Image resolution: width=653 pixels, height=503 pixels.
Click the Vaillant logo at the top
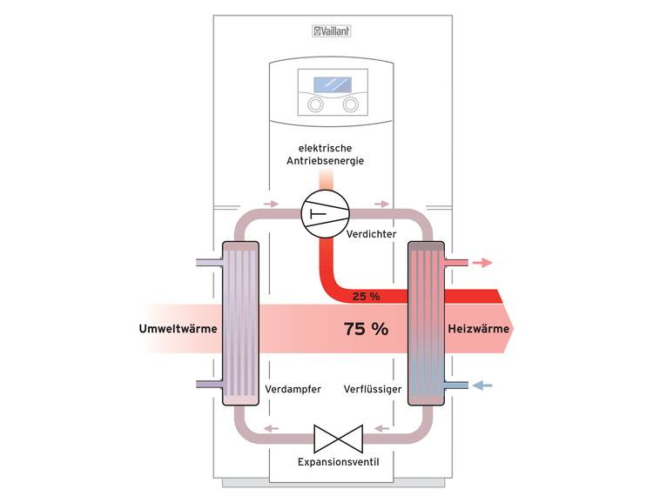point(331,32)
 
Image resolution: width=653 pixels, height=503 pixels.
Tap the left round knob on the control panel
point(313,104)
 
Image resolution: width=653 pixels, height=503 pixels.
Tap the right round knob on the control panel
point(350,104)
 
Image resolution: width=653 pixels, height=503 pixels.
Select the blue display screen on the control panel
point(331,85)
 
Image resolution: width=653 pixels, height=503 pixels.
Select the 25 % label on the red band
point(366,297)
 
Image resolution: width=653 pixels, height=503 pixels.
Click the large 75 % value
point(366,329)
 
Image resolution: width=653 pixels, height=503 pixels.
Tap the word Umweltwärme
point(178,329)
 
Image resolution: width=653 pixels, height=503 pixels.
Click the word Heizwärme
point(475,329)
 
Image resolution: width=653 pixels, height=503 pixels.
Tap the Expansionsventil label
point(333,460)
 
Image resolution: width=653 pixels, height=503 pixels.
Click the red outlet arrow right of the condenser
point(482,261)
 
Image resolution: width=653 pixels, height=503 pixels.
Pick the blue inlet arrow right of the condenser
point(482,385)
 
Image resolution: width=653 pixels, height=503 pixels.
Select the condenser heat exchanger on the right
point(426,324)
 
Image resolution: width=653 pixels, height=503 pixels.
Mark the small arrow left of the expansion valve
point(273,428)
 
